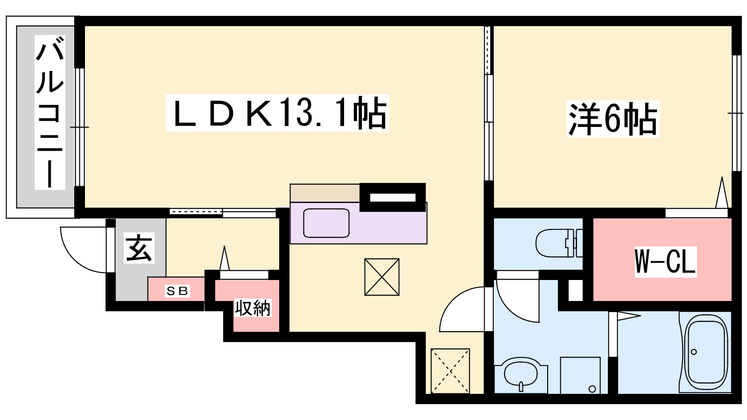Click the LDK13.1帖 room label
[277, 112]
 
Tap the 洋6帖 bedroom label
[613, 119]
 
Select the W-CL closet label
[666, 262]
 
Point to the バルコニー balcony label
[50, 112]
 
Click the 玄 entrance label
[139, 248]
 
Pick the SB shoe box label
[177, 291]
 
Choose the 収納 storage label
[253, 308]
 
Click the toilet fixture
[559, 243]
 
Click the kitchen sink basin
[326, 223]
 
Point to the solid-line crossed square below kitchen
[382, 277]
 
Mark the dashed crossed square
[450, 371]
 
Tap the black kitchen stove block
[393, 197]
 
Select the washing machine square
[580, 375]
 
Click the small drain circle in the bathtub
[694, 352]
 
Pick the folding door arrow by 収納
[225, 258]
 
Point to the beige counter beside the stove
[325, 193]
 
